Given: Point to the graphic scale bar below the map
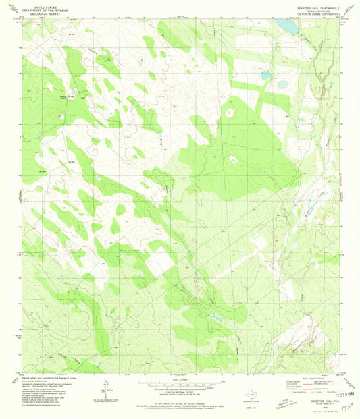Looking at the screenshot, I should tap(180, 387).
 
